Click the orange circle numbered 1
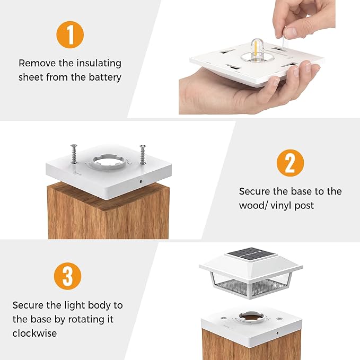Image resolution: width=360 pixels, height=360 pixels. [x=70, y=34]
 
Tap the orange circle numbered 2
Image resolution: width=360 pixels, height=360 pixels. [x=290, y=163]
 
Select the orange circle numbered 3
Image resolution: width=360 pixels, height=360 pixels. [x=67, y=276]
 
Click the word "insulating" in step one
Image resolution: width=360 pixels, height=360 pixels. [x=99, y=64]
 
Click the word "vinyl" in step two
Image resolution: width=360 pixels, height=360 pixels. [x=280, y=206]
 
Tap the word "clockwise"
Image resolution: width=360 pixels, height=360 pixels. [x=34, y=333]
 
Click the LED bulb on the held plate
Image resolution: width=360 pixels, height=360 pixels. [x=257, y=50]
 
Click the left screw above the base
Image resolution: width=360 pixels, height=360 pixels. [x=74, y=154]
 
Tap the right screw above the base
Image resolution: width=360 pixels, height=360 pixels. [x=143, y=154]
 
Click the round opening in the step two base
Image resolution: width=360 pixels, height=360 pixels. [x=108, y=161]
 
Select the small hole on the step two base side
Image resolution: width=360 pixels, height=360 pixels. [x=141, y=181]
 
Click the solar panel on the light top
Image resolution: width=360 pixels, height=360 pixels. [x=251, y=253]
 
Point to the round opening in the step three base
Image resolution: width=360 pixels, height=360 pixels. [x=251, y=317]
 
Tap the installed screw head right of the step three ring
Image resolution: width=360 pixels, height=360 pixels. [x=279, y=319]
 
